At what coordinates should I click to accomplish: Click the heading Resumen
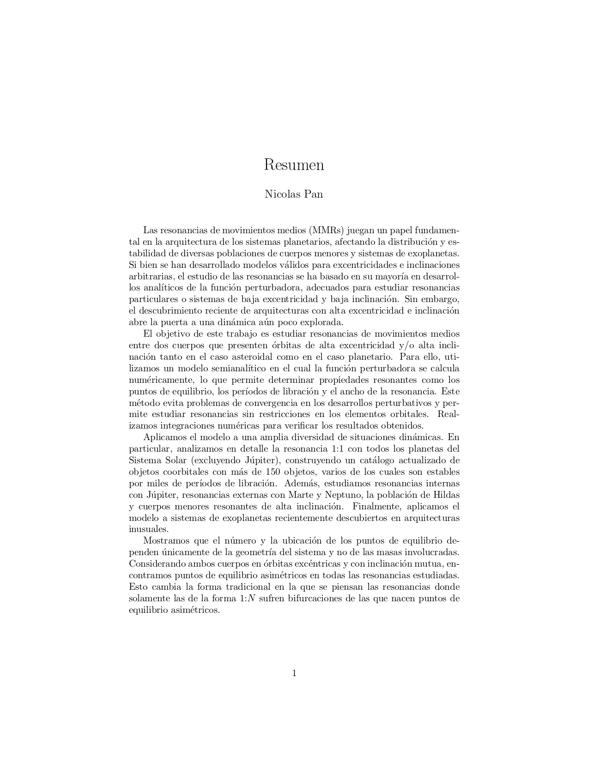point(294,165)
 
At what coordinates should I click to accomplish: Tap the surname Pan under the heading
point(313,194)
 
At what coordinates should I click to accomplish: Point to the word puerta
point(173,322)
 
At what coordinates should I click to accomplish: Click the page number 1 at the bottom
point(294,673)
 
